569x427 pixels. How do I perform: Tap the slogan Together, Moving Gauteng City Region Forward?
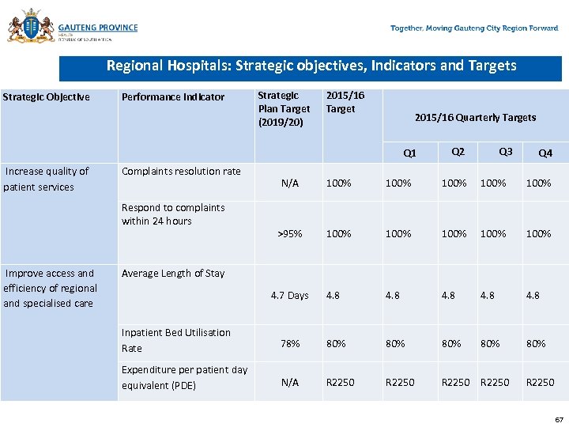pos(474,28)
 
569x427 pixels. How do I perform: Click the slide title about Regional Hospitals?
pos(311,66)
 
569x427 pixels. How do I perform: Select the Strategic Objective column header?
pos(47,97)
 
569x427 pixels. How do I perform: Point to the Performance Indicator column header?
pos(173,97)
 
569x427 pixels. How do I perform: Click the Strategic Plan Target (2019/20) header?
pos(284,108)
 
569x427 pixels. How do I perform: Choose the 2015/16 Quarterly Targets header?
pos(475,117)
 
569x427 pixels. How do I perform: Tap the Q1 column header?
pos(409,153)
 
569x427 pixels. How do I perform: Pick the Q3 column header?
pos(506,151)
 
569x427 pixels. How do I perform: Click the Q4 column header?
pos(545,153)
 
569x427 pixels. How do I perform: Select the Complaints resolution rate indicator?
pos(181,171)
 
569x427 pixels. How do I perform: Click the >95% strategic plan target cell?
pos(289,233)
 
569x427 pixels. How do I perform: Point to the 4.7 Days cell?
pos(289,296)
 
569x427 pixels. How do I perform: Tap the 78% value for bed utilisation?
pos(290,343)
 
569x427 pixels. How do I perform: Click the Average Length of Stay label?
pos(173,274)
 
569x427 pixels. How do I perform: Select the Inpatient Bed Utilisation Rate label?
pos(176,340)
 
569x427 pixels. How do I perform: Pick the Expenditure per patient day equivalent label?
pos(184,377)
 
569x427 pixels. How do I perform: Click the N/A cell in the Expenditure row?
pos(290,382)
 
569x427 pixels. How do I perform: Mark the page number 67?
pos(559,419)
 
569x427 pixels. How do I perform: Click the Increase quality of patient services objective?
pos(47,179)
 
